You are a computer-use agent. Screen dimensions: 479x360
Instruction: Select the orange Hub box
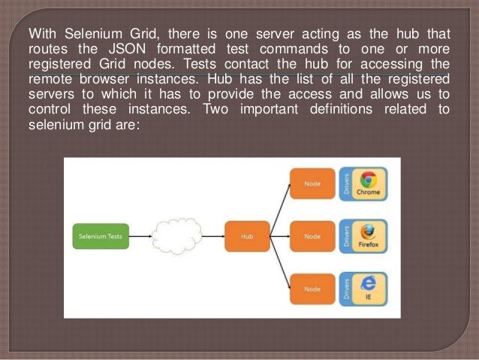pos(246,235)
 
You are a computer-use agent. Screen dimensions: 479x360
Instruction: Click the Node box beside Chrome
pos(311,183)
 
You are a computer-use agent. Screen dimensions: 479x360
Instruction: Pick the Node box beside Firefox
pos(311,235)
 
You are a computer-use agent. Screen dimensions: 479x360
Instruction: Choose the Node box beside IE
pos(311,289)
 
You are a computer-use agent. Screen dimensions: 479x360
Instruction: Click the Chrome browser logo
pos(368,180)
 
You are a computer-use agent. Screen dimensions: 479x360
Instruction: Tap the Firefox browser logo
pos(368,231)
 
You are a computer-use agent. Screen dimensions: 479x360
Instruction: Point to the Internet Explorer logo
pos(368,284)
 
